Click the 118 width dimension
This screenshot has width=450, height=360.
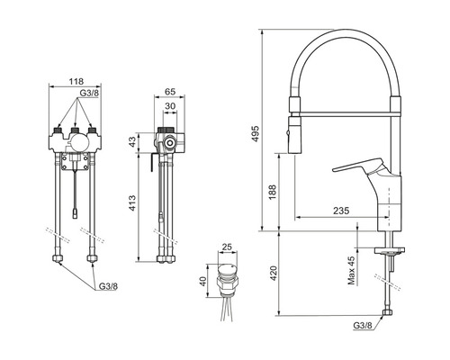(76, 81)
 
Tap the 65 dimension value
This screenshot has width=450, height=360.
(170, 92)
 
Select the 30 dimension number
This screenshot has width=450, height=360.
(170, 106)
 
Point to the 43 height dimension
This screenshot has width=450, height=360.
(133, 142)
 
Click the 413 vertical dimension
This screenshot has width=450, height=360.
(133, 203)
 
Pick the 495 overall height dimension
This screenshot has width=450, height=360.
(256, 134)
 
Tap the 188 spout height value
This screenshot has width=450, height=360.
(273, 193)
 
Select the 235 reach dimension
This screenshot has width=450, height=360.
(341, 211)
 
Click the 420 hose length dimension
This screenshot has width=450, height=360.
(274, 274)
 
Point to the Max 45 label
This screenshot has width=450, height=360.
(351, 270)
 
